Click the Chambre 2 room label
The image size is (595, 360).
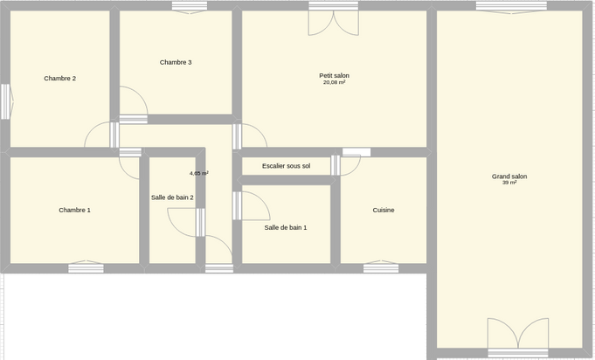click(x=60, y=79)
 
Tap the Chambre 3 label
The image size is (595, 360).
click(x=176, y=63)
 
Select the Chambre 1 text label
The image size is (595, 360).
click(x=75, y=211)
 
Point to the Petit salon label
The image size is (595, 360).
click(x=335, y=76)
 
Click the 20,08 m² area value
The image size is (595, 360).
click(x=335, y=82)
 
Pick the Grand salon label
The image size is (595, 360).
click(x=509, y=177)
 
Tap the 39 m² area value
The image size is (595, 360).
click(x=509, y=183)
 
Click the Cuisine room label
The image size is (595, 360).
click(x=384, y=211)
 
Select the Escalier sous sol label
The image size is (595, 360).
click(x=286, y=166)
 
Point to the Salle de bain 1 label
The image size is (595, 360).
click(x=286, y=227)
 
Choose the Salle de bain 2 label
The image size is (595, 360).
click(x=172, y=197)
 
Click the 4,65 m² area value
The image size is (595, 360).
click(x=199, y=173)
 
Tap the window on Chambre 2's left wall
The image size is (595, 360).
click(x=6, y=101)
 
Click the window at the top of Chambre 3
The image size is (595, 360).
click(x=190, y=7)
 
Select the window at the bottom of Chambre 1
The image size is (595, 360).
click(x=86, y=267)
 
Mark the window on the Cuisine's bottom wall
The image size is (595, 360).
click(x=381, y=267)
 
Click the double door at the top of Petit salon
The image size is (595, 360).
click(x=334, y=19)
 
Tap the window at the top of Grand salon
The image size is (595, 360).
click(x=511, y=7)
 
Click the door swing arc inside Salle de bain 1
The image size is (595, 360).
click(x=263, y=201)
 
